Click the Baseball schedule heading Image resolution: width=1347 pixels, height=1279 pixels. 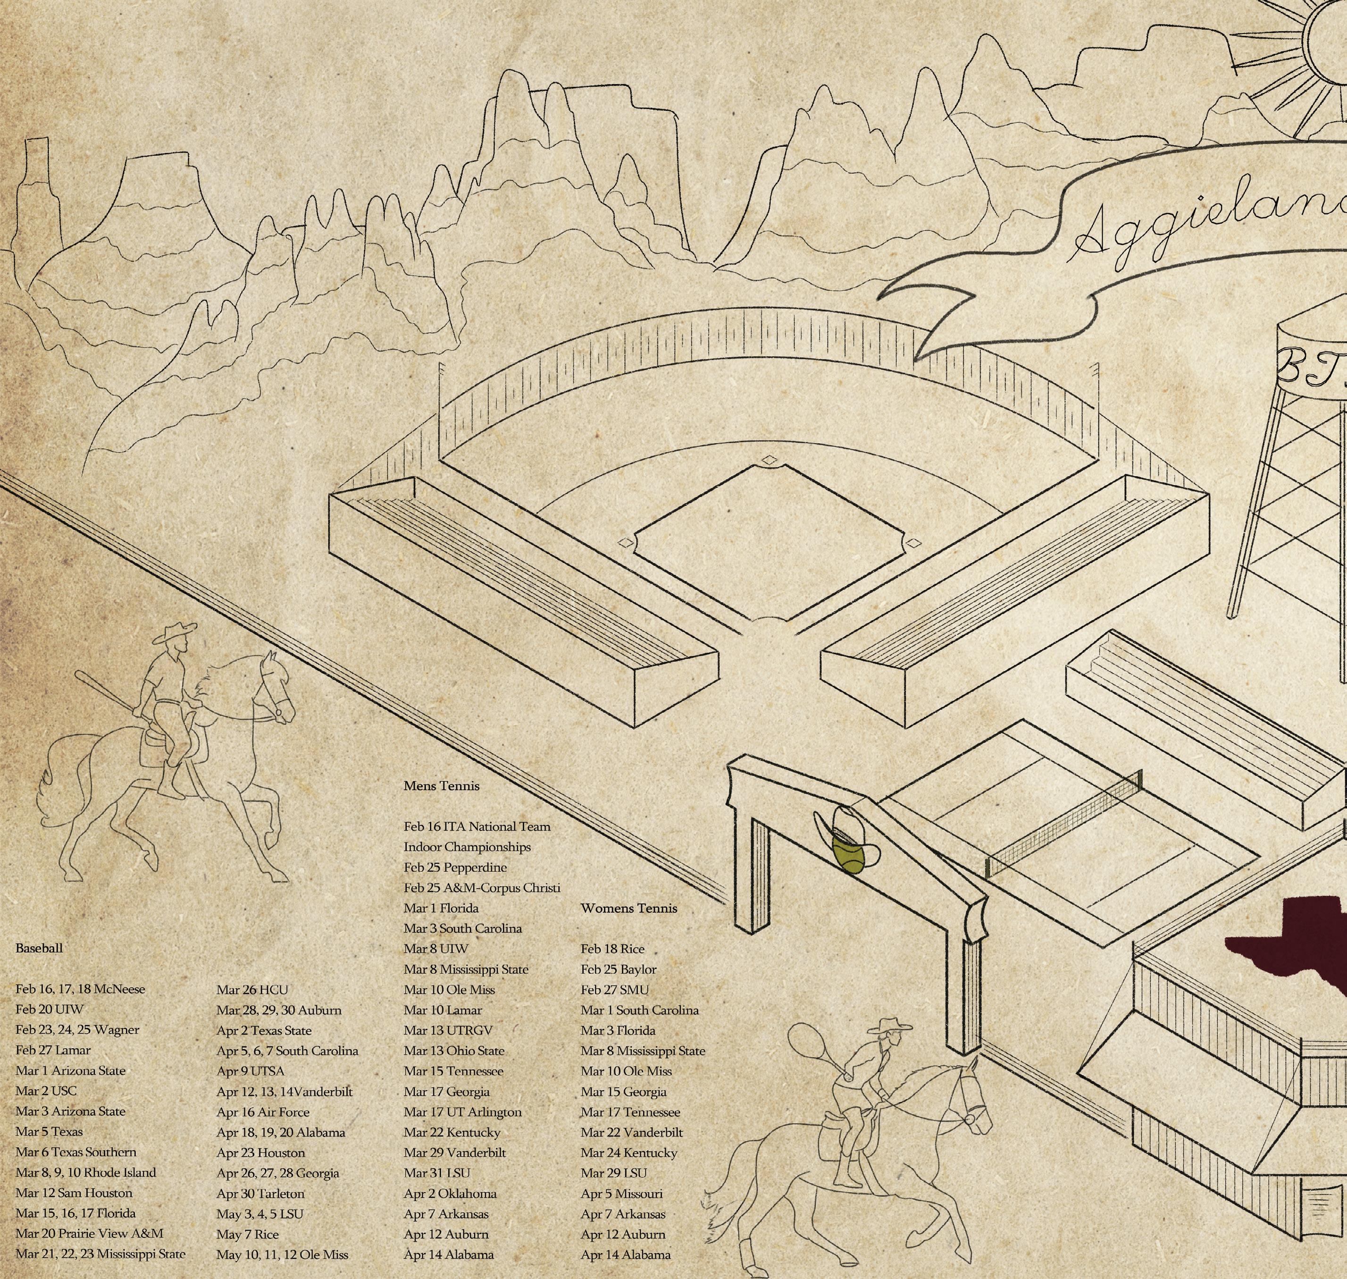click(39, 948)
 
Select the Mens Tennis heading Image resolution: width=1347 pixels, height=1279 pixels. click(441, 785)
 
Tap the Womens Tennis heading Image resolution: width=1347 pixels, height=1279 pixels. click(628, 908)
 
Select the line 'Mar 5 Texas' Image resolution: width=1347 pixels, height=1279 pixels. click(49, 1131)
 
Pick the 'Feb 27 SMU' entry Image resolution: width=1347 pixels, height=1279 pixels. click(614, 989)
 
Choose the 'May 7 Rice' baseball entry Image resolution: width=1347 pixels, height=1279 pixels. click(247, 1234)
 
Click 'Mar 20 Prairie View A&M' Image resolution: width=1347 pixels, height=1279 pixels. click(89, 1233)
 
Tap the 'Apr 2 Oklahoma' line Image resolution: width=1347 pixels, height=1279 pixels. click(450, 1193)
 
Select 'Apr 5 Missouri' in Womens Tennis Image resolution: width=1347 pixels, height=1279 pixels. click(621, 1193)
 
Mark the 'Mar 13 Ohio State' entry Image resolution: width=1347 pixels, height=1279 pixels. click(454, 1051)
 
